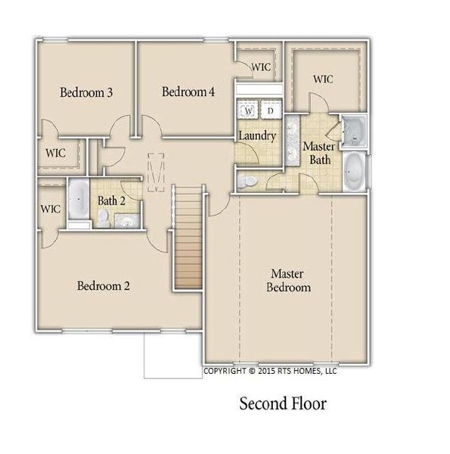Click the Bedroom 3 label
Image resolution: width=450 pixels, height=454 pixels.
click(x=86, y=93)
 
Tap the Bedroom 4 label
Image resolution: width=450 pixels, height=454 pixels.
click(x=188, y=92)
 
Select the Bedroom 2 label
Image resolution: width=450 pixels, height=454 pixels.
click(x=103, y=286)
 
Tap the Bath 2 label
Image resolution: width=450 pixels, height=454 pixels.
click(x=110, y=201)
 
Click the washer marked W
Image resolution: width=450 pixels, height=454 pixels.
click(x=248, y=110)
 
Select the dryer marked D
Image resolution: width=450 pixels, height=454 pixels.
click(x=270, y=110)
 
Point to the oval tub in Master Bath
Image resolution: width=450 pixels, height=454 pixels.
click(x=353, y=172)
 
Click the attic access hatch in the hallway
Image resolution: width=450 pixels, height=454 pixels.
click(x=157, y=172)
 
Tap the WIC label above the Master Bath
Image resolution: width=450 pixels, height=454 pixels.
click(x=324, y=79)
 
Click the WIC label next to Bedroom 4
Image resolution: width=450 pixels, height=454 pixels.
click(x=261, y=67)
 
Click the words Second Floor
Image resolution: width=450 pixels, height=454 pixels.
click(x=283, y=404)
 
